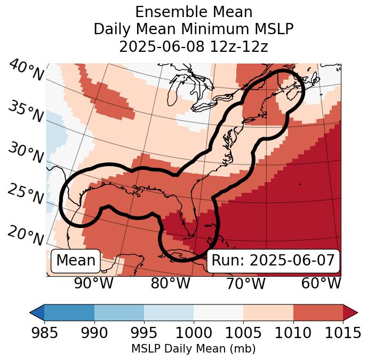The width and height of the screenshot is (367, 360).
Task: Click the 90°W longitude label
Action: pyautogui.click(x=94, y=284)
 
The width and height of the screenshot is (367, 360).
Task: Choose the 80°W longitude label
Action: pyautogui.click(x=170, y=284)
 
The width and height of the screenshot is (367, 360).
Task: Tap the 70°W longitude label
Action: pyautogui.click(x=245, y=284)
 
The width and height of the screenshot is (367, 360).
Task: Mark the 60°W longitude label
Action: pyautogui.click(x=321, y=284)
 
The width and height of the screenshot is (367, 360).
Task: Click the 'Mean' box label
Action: pyautogui.click(x=76, y=261)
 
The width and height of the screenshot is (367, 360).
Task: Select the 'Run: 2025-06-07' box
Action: pyautogui.click(x=273, y=261)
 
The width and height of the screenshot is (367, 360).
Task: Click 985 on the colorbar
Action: pyautogui.click(x=44, y=333)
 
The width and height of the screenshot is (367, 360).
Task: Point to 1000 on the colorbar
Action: pyautogui.click(x=194, y=333)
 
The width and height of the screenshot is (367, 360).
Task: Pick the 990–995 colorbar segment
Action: pyautogui.click(x=119, y=312)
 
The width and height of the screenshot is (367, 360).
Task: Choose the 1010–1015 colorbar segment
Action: pyautogui.click(x=318, y=312)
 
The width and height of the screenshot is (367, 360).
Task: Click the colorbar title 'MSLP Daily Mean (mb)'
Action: pyautogui.click(x=193, y=349)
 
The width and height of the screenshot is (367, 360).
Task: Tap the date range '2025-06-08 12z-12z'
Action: pyautogui.click(x=193, y=46)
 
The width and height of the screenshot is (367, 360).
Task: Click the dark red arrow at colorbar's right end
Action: pyautogui.click(x=350, y=312)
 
